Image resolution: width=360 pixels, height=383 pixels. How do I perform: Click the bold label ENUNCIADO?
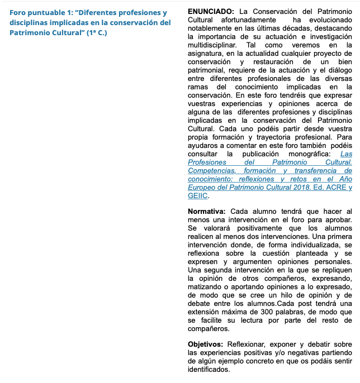(x=211, y=11)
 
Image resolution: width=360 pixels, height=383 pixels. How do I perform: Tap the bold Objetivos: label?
(x=206, y=344)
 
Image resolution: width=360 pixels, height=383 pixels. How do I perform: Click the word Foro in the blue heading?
(x=18, y=12)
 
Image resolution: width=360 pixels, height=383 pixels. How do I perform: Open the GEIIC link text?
(x=197, y=195)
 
